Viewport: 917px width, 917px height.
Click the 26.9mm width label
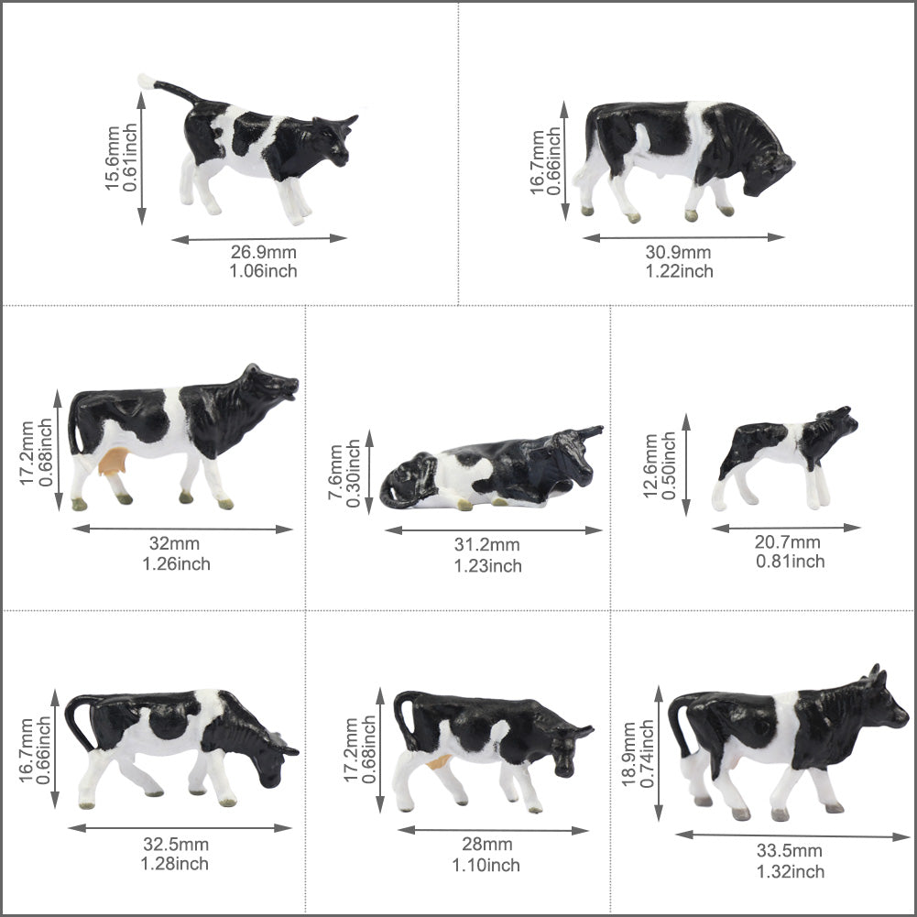264,253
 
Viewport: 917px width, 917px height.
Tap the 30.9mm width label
679,253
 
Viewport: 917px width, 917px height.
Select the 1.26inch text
176,563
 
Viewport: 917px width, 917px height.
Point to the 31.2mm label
487,547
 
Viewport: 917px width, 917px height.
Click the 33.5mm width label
790,852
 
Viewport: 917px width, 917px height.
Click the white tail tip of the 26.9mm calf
145,82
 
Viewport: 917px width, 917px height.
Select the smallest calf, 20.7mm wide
788,453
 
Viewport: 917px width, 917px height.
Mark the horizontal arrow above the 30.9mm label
683,237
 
